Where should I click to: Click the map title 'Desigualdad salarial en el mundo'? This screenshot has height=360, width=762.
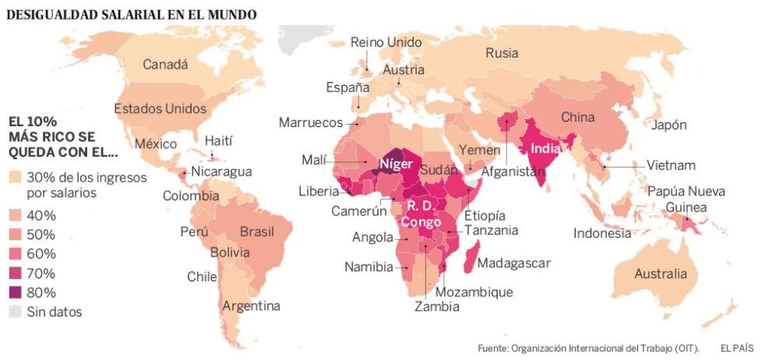[x=131, y=15]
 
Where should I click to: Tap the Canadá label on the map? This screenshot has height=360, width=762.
[x=165, y=65]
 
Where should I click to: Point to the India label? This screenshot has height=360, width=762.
[x=549, y=147]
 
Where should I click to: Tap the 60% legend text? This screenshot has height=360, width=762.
[x=41, y=254]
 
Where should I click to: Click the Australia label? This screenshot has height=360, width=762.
[x=661, y=274]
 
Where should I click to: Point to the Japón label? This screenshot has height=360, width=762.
[x=669, y=125]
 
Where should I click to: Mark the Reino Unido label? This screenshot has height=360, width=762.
[x=386, y=42]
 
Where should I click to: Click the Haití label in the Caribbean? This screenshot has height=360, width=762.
[x=218, y=140]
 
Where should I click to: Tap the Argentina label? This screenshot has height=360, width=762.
[x=251, y=306]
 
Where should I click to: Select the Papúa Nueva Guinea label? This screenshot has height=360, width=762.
[x=686, y=199]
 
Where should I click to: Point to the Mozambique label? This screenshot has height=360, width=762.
[x=474, y=292]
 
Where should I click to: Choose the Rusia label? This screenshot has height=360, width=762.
[x=502, y=53]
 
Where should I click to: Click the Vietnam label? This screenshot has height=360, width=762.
[x=671, y=165]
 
